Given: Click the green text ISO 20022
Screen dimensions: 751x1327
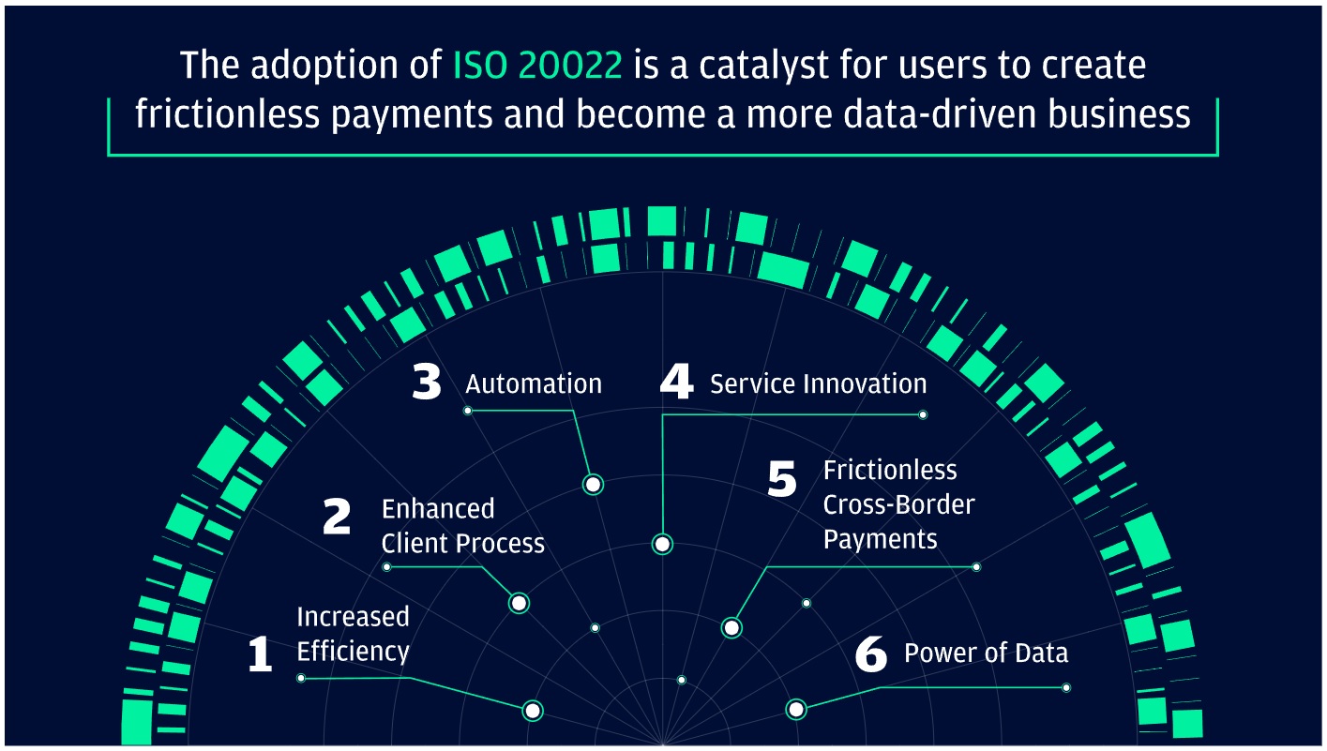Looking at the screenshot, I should (536, 66).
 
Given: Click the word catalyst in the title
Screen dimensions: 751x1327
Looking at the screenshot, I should (734, 66).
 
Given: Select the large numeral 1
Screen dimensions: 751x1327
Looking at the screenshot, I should (260, 653).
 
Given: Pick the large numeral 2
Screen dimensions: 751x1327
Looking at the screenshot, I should (336, 518).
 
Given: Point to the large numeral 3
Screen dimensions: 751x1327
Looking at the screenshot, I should (427, 383).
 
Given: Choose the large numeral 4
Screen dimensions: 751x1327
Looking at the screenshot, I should (676, 383).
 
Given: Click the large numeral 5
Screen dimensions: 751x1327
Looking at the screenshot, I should (781, 479).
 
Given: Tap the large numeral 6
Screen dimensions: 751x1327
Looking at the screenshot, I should (871, 654).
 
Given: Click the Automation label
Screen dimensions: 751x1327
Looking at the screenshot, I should (534, 383).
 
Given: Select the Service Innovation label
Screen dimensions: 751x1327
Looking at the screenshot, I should (818, 383).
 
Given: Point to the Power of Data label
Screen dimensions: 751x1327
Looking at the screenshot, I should (986, 653).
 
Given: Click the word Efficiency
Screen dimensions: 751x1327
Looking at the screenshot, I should (353, 651).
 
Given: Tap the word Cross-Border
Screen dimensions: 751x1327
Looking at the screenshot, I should (898, 504).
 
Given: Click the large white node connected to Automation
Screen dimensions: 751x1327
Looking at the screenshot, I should (593, 484).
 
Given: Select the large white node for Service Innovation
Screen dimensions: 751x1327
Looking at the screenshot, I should (662, 544).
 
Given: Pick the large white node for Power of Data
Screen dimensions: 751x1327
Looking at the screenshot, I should (796, 710).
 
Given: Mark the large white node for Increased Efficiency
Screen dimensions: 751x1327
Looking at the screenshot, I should (533, 710).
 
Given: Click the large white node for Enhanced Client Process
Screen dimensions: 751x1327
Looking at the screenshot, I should (519, 603).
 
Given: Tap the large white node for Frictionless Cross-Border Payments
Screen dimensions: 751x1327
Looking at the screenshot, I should (731, 627).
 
